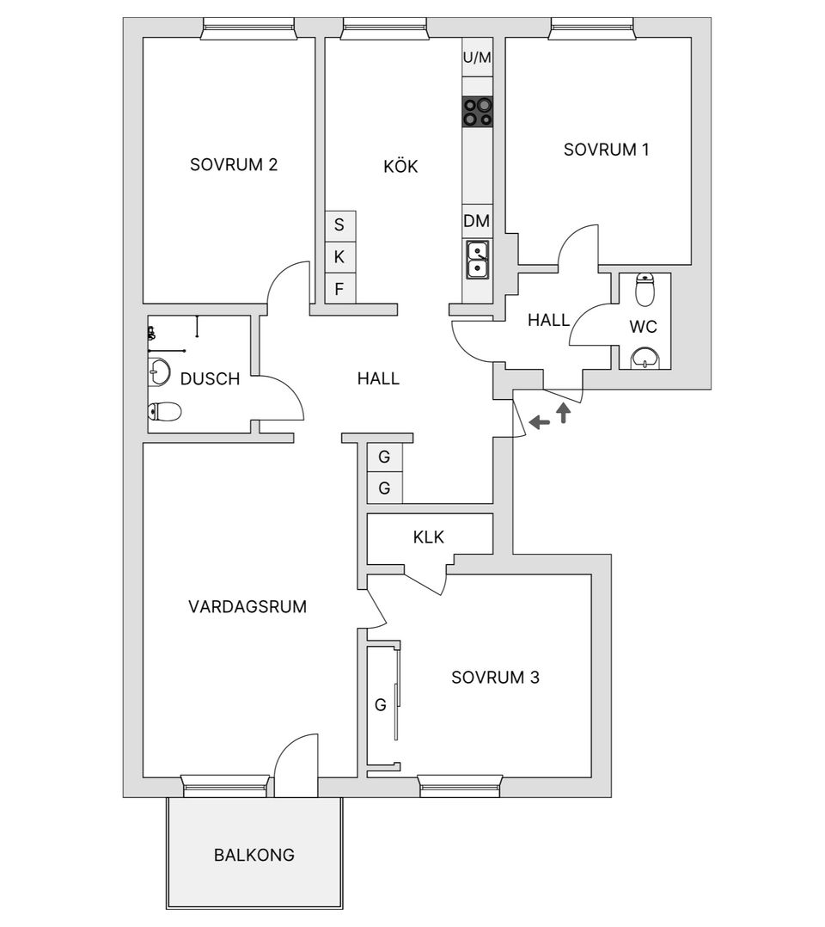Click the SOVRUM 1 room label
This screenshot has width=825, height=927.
click(x=606, y=149)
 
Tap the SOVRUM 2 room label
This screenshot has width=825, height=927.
click(x=233, y=164)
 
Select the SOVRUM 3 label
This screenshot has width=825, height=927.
click(x=495, y=678)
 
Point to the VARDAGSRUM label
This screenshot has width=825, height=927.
click(x=247, y=606)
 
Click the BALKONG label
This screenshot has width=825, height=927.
click(x=254, y=855)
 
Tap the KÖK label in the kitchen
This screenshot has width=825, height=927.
click(x=400, y=166)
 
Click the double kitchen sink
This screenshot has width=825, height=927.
click(x=478, y=260)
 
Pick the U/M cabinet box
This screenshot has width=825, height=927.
click(x=478, y=58)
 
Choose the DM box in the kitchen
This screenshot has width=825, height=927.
click(x=477, y=221)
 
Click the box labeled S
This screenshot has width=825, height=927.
click(x=339, y=225)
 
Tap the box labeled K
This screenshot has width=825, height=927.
click(x=339, y=256)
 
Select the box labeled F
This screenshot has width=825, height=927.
click(x=339, y=288)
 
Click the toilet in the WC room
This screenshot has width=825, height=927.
click(x=644, y=291)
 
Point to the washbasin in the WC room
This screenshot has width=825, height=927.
click(x=644, y=357)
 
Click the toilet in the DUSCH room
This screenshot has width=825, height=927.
click(x=165, y=412)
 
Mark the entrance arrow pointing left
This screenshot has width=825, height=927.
click(x=540, y=422)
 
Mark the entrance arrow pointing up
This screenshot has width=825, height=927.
click(x=564, y=414)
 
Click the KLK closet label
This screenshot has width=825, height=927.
click(x=428, y=537)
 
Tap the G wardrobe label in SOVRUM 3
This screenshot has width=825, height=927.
click(x=379, y=705)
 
